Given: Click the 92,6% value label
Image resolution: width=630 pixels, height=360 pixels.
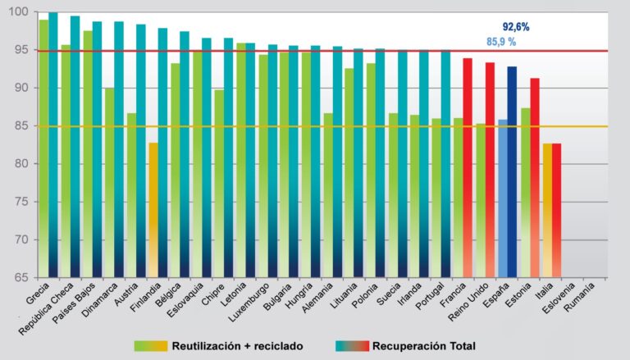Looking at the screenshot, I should click(516, 27).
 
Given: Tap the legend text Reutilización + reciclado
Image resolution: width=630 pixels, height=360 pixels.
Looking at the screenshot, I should click(245, 346).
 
